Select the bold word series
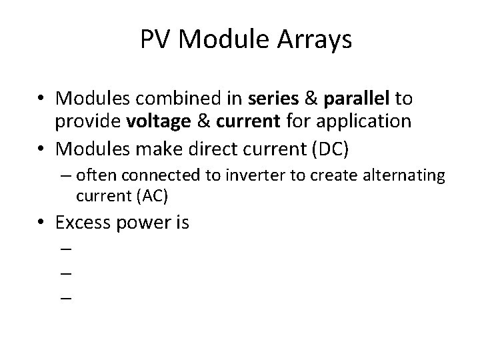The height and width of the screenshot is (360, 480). click(x=273, y=99)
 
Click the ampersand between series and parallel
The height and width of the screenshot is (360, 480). click(x=311, y=99)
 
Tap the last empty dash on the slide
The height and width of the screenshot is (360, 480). click(x=65, y=298)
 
